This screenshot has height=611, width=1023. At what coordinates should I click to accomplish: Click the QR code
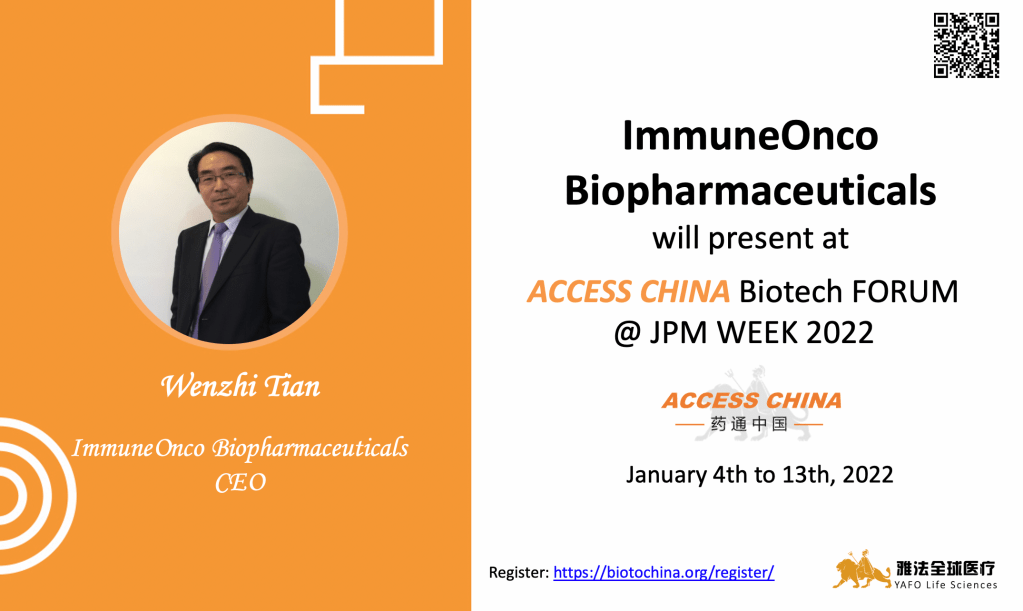[x=966, y=46]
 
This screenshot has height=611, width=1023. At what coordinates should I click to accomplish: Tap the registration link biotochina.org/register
[x=664, y=573]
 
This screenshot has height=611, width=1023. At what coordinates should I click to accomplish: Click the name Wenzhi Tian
[x=240, y=386]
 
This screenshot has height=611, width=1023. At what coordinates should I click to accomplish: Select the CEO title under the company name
[x=240, y=483]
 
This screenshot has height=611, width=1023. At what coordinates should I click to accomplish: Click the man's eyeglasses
[x=221, y=177]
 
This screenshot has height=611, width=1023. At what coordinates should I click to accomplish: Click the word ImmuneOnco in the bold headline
[x=750, y=135]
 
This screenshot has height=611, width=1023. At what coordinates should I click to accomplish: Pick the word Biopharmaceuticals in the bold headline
[x=750, y=191]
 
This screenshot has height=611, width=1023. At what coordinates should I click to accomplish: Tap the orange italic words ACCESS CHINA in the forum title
[x=628, y=291]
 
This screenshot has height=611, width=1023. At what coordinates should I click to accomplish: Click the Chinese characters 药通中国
[x=750, y=425]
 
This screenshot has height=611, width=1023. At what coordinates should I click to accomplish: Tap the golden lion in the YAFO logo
[x=861, y=569]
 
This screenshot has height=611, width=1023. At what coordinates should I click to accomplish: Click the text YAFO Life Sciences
[x=945, y=585]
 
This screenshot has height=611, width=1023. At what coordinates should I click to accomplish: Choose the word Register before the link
[x=519, y=573]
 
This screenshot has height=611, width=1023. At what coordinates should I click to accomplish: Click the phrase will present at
[x=750, y=238]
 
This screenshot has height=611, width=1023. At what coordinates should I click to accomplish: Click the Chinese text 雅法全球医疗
[x=945, y=568]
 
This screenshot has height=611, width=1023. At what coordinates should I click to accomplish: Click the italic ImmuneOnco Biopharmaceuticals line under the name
[x=240, y=449]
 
